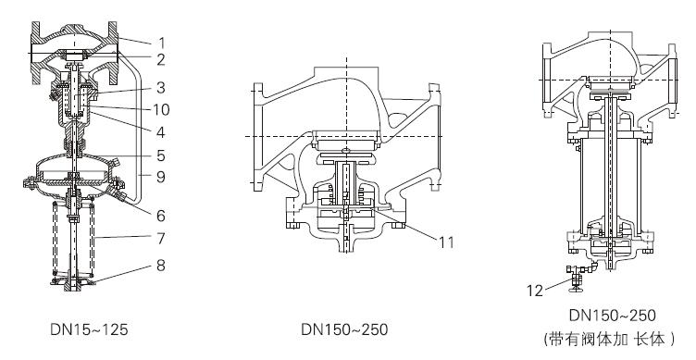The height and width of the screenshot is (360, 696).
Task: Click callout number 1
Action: click(162, 43)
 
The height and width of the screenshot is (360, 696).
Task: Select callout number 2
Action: click(161, 59)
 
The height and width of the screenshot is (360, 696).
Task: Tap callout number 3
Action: click(161, 87)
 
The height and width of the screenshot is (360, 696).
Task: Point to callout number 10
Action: click(161, 109)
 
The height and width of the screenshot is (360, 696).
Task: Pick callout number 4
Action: click(161, 132)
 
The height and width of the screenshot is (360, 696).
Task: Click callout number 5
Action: click(161, 155)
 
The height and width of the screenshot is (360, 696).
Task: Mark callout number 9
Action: click(161, 177)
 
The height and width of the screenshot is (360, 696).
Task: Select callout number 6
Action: click(161, 216)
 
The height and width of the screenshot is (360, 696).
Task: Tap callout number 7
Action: click(161, 239)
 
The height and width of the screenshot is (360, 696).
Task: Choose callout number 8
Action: click(161, 266)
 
